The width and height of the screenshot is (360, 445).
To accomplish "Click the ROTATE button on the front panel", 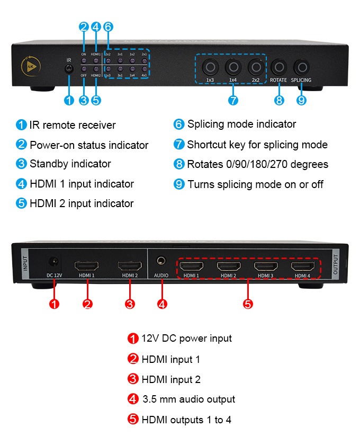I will click(278, 67).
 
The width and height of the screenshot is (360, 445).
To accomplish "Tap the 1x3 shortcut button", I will click(210, 67).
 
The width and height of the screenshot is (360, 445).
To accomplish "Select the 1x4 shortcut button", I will click(233, 67).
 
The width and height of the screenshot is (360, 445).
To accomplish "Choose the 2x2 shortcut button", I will click(256, 67).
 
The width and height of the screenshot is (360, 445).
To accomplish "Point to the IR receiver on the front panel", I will click(68, 69).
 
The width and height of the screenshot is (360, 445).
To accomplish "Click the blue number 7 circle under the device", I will click(233, 100).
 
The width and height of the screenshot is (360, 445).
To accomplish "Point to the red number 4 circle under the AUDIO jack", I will click(162, 304).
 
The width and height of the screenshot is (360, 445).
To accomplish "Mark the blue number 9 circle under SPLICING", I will click(301, 100).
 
